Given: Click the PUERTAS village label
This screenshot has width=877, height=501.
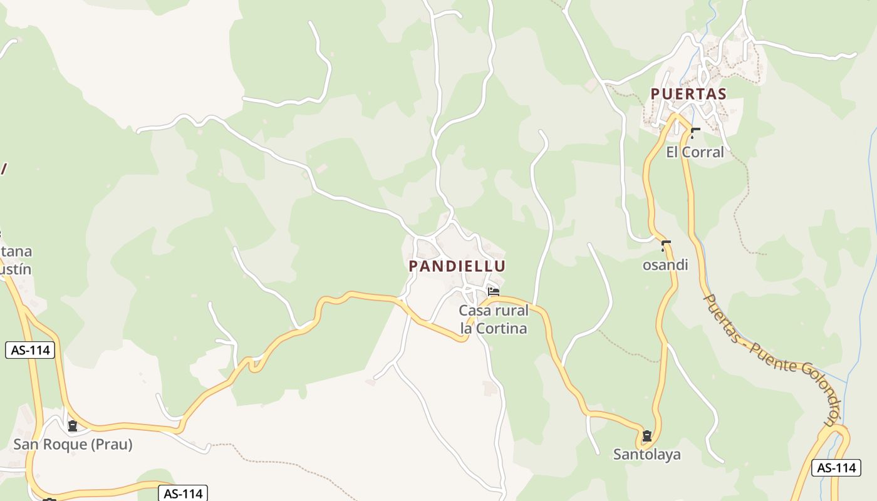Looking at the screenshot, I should click(688, 94).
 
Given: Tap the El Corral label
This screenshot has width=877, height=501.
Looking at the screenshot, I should click(695, 152).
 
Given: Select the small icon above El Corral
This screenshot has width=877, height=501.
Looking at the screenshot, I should click(694, 132).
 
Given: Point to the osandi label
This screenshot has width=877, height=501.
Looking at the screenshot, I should click(665, 265).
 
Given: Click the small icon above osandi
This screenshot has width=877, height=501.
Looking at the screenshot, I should click(665, 245).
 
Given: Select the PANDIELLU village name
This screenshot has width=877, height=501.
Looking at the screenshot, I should click(457, 266).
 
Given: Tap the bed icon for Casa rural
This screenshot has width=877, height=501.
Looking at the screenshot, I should click(494, 291).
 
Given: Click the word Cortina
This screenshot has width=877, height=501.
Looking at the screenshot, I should click(501, 328).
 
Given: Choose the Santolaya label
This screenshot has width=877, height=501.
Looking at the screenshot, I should click(646, 455).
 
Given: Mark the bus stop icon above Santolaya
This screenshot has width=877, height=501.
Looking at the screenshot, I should click(646, 436).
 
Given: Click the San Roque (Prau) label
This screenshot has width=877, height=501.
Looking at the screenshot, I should click(73, 445).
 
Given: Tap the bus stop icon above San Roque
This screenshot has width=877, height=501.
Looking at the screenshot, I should click(73, 426).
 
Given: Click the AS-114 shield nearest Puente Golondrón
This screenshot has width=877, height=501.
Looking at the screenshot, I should click(836, 467).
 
